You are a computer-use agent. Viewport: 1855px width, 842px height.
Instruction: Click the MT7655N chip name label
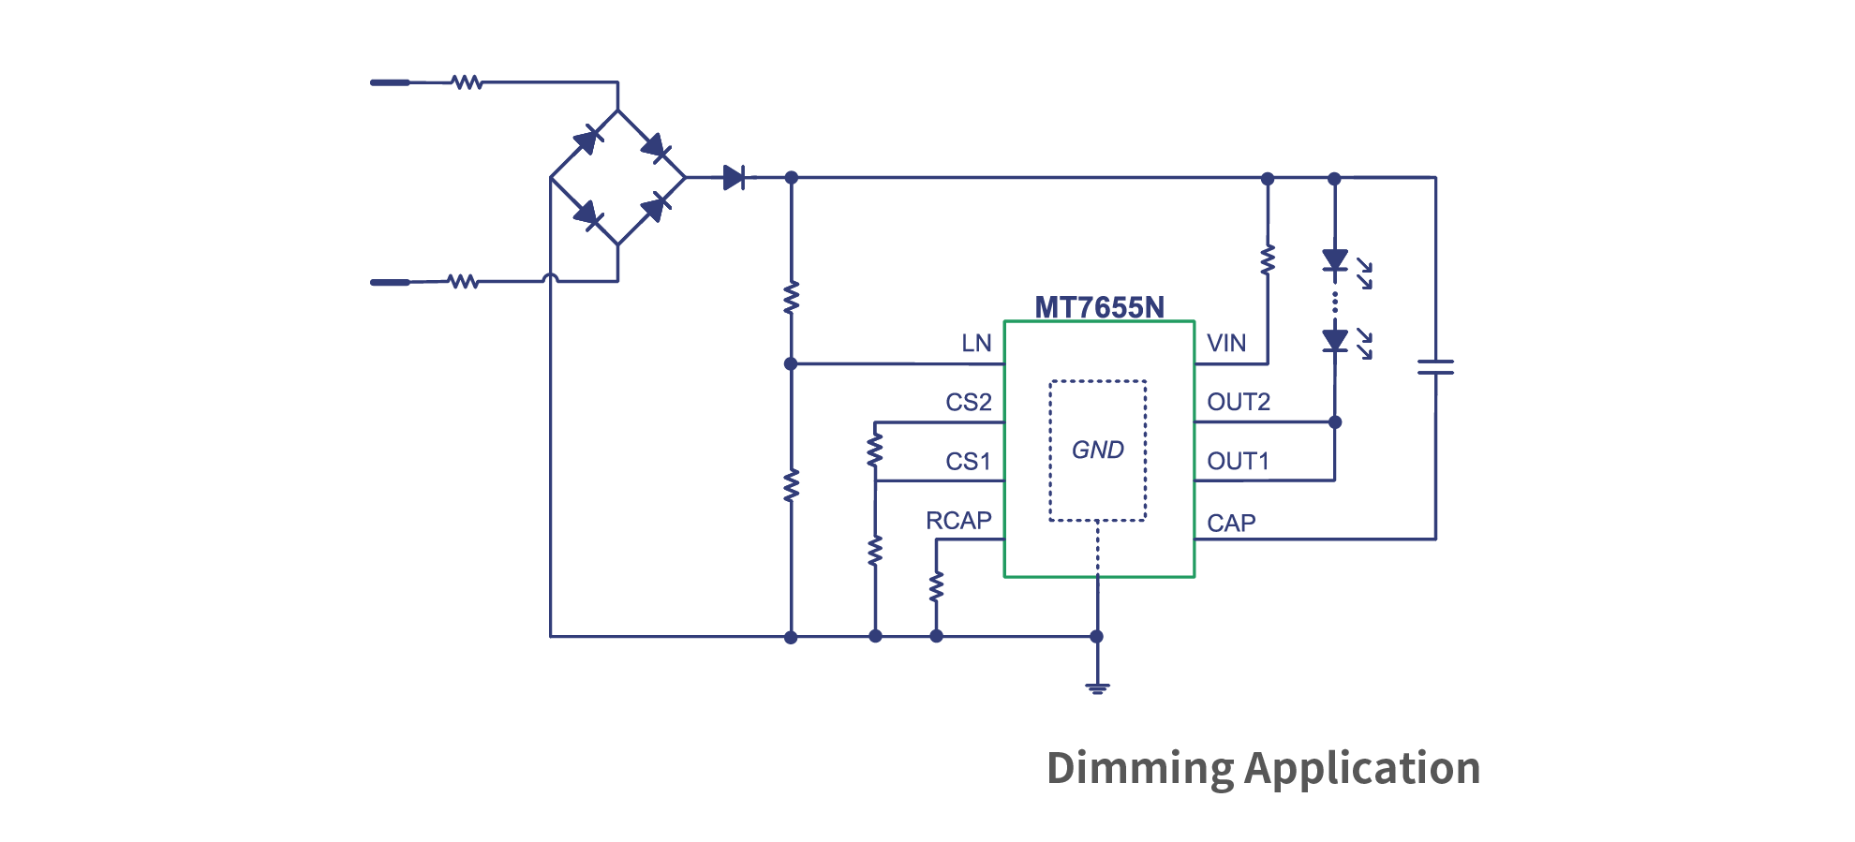(1099, 307)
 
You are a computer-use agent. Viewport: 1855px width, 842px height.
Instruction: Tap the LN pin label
(976, 344)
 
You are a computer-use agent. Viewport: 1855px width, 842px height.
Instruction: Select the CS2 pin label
(968, 403)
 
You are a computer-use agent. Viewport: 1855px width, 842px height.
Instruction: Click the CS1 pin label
(968, 462)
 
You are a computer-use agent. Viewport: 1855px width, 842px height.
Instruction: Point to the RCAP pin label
(958, 521)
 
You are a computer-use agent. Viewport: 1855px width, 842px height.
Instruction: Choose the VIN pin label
(1225, 344)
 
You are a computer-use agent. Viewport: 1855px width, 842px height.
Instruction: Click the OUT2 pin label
(1238, 403)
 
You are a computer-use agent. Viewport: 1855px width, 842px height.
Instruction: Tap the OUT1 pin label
(1238, 462)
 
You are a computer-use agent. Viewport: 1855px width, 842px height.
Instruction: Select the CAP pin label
(1230, 524)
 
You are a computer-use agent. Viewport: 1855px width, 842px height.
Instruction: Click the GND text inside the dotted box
(1097, 451)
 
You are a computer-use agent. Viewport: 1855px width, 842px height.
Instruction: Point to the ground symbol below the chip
(1097, 687)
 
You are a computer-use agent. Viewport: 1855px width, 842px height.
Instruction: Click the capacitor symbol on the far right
(1435, 367)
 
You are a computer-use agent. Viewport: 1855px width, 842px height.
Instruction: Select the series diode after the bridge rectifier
(735, 177)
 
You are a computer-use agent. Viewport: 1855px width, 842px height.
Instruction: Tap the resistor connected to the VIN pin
(1268, 259)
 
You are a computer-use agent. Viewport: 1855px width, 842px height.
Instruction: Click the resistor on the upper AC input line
(467, 82)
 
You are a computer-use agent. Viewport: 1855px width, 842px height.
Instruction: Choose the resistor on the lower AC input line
(463, 281)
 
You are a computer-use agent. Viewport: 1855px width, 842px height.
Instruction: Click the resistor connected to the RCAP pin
(936, 587)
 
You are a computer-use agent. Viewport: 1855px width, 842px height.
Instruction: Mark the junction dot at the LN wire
(791, 363)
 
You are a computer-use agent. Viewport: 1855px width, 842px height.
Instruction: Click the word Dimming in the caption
(1139, 769)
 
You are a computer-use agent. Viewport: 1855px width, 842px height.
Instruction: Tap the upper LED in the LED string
(1335, 260)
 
